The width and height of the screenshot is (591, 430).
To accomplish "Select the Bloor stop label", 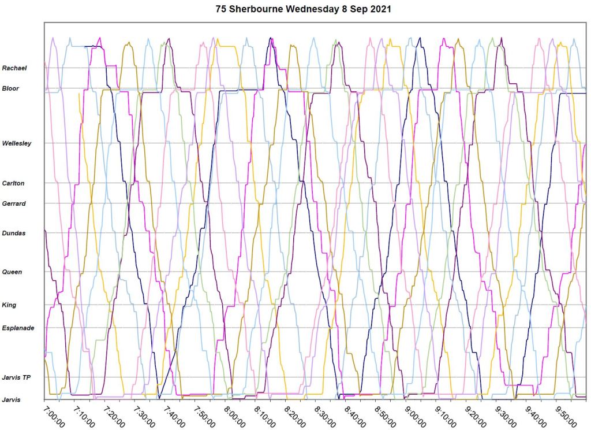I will coord(10,88).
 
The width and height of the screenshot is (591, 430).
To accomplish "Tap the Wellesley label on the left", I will coord(17,143).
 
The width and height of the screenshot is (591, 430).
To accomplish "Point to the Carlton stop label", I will coord(13,183).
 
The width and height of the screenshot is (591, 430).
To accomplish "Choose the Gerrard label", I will coord(13,203).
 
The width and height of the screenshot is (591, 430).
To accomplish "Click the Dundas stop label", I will coord(13,233).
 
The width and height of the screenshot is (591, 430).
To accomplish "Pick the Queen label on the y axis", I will coord(12,272).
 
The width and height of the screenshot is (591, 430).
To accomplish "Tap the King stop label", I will coord(9,305).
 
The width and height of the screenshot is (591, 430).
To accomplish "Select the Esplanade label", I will coord(18,328).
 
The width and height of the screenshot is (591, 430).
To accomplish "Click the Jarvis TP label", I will coord(16,378).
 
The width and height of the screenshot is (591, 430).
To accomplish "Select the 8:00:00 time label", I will coord(234,416).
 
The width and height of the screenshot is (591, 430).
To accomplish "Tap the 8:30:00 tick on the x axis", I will coord(324,416).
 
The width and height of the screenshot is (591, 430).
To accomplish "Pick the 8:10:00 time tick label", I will coord(264,416).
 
